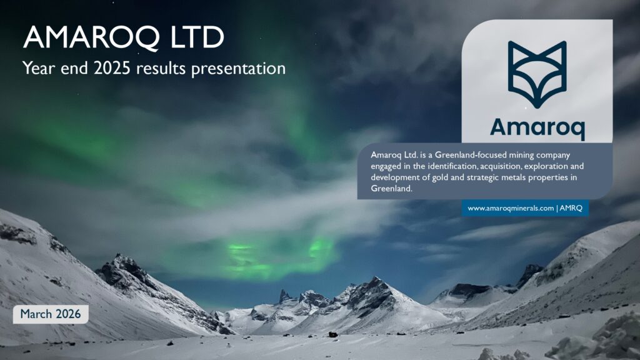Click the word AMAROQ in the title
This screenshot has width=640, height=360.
[91, 37]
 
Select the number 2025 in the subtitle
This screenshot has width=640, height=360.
[112, 68]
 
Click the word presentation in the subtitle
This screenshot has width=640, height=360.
[238, 69]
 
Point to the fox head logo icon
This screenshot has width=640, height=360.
[537, 74]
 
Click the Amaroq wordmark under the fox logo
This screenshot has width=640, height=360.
[537, 127]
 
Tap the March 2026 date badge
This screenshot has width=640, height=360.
[51, 314]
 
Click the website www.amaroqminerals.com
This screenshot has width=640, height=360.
[511, 208]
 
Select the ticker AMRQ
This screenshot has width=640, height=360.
[571, 208]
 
